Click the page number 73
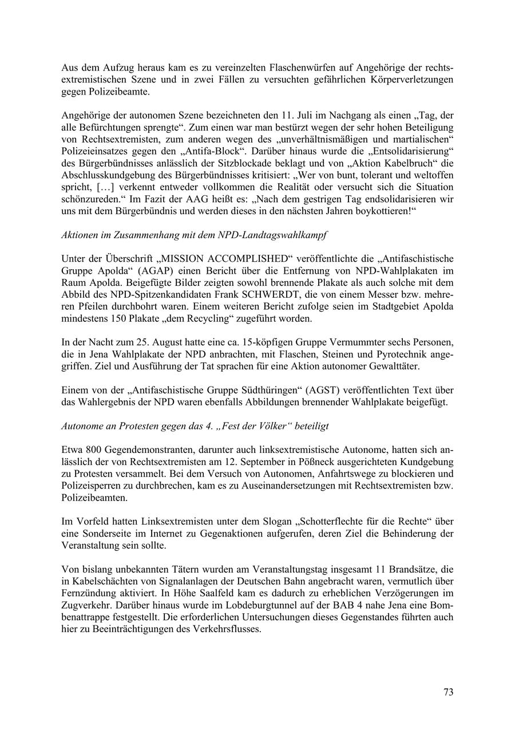(x=448, y=692)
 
